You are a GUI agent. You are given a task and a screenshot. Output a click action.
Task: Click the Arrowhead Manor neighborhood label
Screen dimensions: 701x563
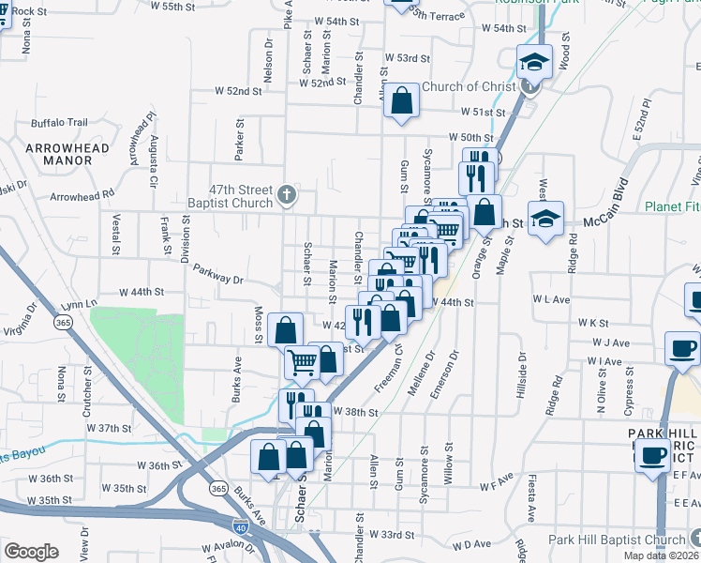pos(67,154)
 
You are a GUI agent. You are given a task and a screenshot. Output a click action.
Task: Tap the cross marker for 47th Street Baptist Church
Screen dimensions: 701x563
pos(288,197)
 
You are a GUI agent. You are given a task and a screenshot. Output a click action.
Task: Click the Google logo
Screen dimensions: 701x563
pos(31,552)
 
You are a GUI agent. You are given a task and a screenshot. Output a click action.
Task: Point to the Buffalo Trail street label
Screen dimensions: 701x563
pos(59,122)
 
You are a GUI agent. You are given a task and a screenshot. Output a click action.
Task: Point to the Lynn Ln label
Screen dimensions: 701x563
pos(79,304)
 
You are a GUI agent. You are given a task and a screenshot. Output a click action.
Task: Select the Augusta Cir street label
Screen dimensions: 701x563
pos(153,160)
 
